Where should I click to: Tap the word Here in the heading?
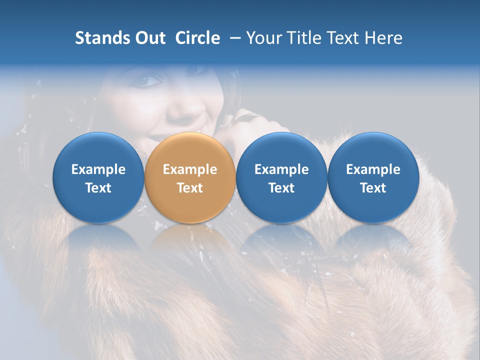pos(383,38)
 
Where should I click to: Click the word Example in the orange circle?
pos(190,169)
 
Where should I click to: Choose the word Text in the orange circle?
pos(190,188)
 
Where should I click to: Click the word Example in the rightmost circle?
pos(373,169)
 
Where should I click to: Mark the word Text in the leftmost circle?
pos(98,188)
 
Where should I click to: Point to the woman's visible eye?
pos(151,81)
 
